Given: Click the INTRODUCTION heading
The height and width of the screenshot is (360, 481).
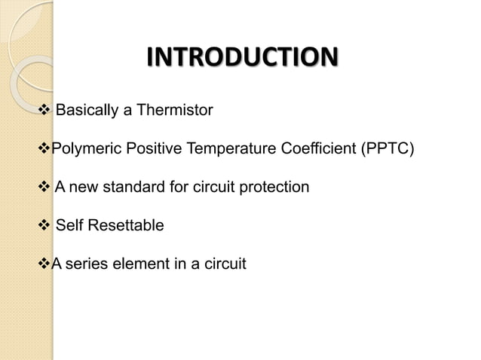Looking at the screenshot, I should pos(240,59).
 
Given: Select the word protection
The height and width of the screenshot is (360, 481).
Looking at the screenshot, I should pos(275,187).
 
